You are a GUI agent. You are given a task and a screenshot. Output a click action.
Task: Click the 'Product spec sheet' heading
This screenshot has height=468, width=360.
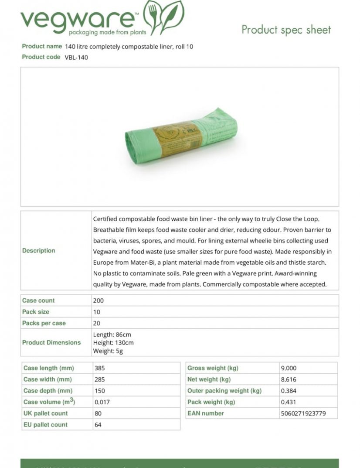(286, 30)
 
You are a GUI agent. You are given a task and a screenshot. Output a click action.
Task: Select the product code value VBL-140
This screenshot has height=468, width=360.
(76, 57)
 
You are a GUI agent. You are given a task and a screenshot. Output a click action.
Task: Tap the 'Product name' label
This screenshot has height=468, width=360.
(42, 46)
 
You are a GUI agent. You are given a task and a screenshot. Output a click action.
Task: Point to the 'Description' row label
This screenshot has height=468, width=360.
(39, 251)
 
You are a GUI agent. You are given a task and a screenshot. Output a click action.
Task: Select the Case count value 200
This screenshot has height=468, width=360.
(98, 301)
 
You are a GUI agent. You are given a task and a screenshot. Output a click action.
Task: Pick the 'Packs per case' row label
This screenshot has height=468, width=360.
(44, 323)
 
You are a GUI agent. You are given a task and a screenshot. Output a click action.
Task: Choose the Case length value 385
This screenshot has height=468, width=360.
(100, 368)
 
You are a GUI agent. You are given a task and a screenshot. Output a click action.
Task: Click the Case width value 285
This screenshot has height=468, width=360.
(100, 379)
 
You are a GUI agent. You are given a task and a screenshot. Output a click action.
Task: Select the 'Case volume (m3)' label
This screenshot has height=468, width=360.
(49, 402)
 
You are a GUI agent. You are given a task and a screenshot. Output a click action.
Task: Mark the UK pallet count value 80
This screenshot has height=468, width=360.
(98, 413)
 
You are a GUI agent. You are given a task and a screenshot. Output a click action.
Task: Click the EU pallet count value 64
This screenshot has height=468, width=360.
(98, 425)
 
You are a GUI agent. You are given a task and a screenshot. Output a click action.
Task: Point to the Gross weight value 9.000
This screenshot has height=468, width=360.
(289, 368)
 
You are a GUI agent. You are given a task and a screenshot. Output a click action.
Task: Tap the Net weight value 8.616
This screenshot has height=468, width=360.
(289, 379)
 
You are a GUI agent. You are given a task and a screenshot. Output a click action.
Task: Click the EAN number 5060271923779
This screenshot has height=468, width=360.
(303, 413)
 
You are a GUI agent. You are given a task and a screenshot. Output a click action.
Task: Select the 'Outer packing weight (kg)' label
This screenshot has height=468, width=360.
(224, 391)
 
